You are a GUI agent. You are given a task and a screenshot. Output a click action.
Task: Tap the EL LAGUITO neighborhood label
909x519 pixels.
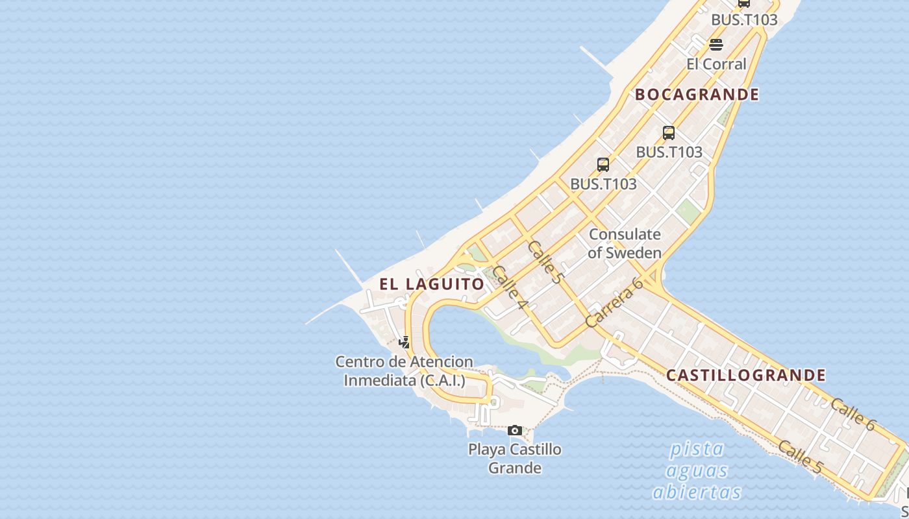click(432, 284)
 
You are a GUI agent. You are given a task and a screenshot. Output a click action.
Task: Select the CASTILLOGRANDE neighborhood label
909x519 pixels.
click(746, 375)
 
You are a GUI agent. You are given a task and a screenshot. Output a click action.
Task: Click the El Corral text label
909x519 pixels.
click(716, 64)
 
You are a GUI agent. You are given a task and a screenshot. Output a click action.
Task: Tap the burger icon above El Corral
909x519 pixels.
click(716, 45)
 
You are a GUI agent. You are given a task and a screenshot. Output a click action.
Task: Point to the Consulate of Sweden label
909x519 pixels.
click(625, 243)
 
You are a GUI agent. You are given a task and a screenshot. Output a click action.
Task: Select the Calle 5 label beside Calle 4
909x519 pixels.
click(544, 261)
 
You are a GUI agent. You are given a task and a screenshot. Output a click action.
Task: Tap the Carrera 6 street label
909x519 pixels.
click(614, 302)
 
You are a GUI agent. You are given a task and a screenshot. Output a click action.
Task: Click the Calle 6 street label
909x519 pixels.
click(853, 414)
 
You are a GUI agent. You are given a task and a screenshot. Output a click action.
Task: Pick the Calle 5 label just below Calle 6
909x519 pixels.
click(800, 456)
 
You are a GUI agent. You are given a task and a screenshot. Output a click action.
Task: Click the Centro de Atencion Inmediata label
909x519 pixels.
click(404, 371)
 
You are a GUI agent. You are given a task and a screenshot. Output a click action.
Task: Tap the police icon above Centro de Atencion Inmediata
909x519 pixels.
click(405, 342)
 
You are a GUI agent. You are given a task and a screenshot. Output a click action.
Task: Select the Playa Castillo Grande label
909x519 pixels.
click(515, 458)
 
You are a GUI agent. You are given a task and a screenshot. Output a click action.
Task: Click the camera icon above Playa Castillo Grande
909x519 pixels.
click(515, 430)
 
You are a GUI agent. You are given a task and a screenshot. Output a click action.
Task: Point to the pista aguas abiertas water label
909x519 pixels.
click(697, 470)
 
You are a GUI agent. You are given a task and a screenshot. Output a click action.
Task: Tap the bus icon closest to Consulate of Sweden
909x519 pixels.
click(603, 165)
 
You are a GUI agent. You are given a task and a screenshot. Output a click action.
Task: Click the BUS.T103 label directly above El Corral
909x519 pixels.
click(744, 19)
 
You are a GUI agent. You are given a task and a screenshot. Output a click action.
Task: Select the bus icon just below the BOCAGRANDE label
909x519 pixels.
click(669, 133)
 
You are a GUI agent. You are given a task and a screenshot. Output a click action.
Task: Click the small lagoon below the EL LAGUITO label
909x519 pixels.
click(467, 337)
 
